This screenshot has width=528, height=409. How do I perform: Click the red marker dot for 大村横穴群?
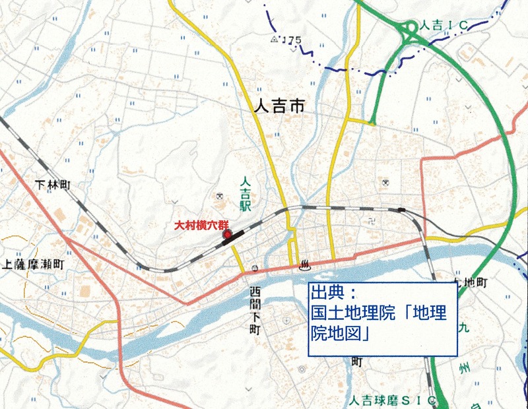(228, 234)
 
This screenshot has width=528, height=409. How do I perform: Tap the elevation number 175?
(290, 41)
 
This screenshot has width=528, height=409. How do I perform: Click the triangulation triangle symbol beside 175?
(274, 40)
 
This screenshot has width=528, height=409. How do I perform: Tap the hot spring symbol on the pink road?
(306, 266)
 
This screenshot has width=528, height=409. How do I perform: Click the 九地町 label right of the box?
(471, 282)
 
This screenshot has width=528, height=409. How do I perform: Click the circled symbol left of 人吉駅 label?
(221, 195)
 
